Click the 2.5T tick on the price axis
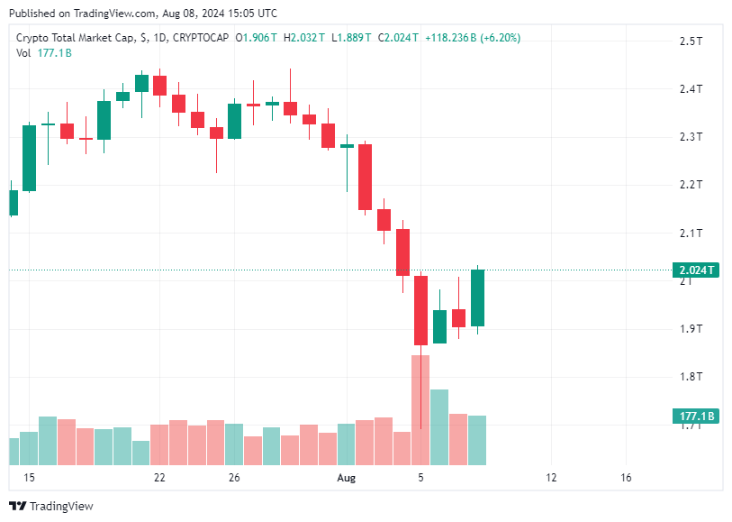[x=691, y=41]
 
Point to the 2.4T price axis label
[x=691, y=89]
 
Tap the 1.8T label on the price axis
[x=691, y=376]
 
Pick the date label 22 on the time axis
[x=159, y=478]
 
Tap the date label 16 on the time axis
[x=627, y=478]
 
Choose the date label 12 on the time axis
[x=551, y=478]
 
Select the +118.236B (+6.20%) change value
[x=472, y=38]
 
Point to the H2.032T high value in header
[x=302, y=38]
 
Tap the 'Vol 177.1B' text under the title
[x=44, y=53]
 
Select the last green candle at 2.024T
[x=477, y=298]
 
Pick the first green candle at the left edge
[x=13, y=203]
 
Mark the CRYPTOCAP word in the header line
[x=201, y=38]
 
